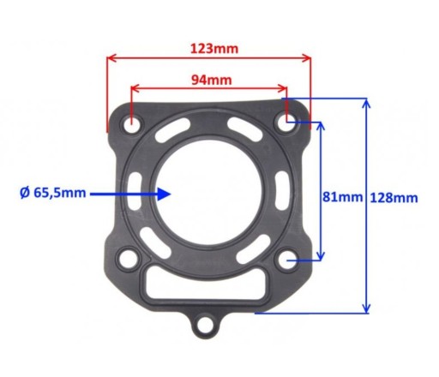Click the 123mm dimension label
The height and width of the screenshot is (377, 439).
click(x=214, y=49)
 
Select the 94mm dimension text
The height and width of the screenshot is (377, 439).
click(x=211, y=81)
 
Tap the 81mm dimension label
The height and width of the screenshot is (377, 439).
click(x=342, y=197)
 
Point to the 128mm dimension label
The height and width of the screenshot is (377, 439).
click(x=394, y=198)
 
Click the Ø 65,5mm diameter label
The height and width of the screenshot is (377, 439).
click(x=53, y=193)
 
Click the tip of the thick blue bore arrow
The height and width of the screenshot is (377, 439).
click(x=171, y=194)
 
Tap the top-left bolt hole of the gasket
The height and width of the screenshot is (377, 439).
click(x=131, y=125)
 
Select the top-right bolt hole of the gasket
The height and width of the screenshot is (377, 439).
click(x=286, y=123)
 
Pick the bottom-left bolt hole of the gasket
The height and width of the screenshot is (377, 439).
click(x=128, y=260)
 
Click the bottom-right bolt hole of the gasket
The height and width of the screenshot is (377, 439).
click(x=287, y=260)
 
